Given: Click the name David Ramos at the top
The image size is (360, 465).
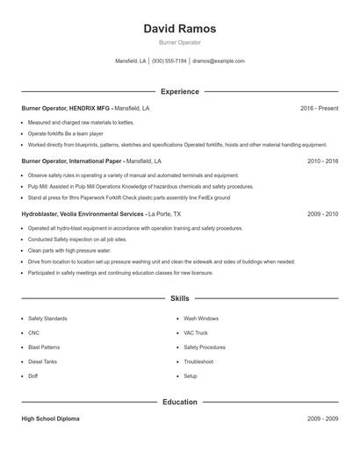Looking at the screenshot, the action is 179,29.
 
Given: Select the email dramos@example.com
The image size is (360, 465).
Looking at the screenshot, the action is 218,61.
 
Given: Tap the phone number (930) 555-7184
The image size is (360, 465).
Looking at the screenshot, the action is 169,61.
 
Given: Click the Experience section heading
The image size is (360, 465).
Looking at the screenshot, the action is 179,91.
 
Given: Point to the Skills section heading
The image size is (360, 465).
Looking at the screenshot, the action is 179,299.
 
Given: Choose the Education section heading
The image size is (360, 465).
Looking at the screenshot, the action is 179,402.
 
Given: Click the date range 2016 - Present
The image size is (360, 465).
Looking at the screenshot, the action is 319,108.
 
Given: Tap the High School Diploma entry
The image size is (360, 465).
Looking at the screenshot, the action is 51,418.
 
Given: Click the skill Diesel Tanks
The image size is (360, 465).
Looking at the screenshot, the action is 43,361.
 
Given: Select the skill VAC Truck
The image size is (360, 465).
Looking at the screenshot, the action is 195,333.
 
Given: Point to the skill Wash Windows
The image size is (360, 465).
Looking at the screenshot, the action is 201,318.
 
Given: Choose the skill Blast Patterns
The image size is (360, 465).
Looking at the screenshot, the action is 45,347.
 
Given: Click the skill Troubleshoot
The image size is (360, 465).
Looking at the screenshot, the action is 198,361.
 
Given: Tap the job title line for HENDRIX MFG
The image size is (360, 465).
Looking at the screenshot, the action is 85,108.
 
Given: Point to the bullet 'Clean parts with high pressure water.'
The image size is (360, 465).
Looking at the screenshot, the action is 69,250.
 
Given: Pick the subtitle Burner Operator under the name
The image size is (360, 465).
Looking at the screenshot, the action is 179,42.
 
